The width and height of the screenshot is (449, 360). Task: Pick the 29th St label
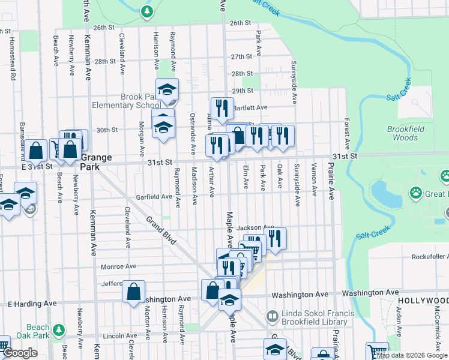coord(243,91)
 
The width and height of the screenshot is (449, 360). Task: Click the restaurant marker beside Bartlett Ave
coord(222,108)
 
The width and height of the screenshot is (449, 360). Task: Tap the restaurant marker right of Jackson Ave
coord(275,238)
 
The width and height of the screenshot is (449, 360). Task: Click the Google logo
coord(19,353)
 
